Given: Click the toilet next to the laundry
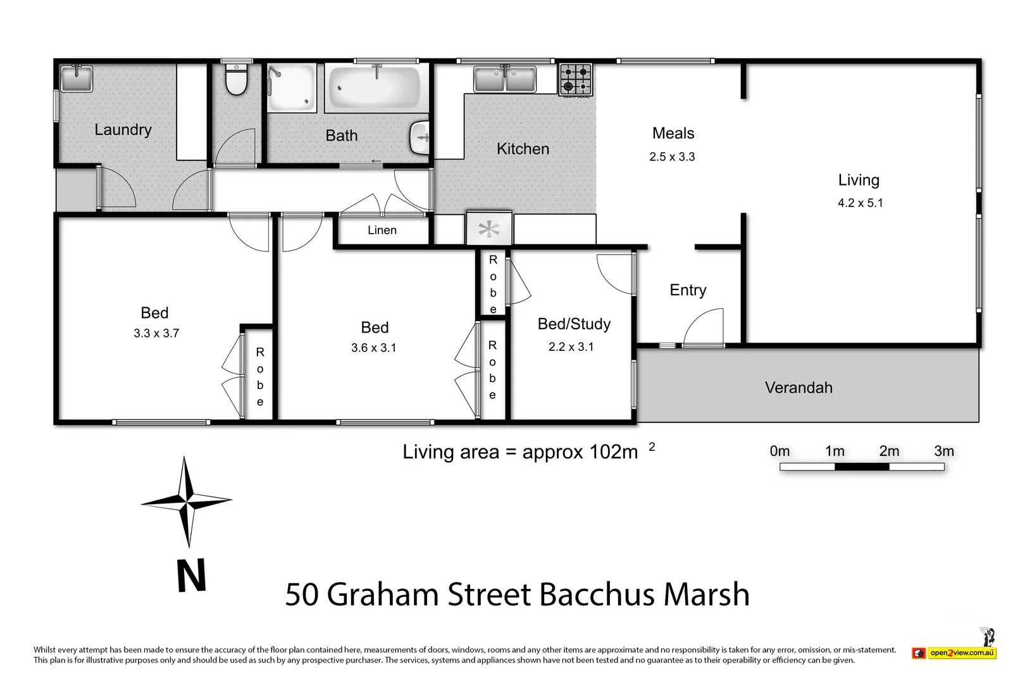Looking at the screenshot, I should (x=236, y=80).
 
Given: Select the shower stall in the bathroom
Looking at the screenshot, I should (x=291, y=88).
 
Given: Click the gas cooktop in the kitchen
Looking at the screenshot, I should (x=576, y=80).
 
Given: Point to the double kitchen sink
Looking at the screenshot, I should (x=505, y=80).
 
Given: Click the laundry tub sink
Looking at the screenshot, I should (x=76, y=79).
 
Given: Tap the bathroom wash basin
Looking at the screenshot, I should (x=420, y=137).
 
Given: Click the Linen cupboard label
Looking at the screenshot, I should (x=382, y=231).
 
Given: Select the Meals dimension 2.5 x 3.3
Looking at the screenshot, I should (x=672, y=157).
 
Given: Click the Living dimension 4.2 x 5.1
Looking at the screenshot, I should (x=860, y=203).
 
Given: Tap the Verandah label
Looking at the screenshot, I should (x=798, y=388).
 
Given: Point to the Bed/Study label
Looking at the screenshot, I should (x=574, y=324).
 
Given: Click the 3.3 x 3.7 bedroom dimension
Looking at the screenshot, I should (x=156, y=333).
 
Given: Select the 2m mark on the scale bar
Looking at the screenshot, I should (x=889, y=452).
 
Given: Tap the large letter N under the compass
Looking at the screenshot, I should (x=191, y=576).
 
